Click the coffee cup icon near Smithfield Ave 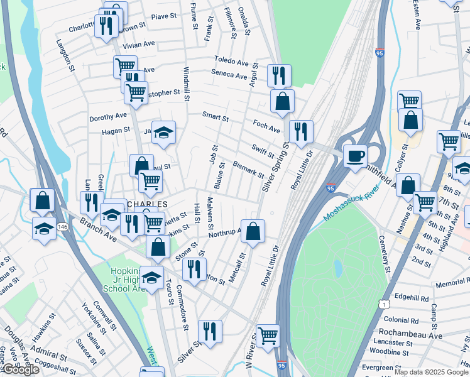356,155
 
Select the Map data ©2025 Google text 432,372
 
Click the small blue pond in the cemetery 339,268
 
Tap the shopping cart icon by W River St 268,336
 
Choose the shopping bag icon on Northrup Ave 253,231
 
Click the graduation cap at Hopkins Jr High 151,277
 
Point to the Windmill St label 186,84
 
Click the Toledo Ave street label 232,62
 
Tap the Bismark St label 248,168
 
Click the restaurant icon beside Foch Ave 301,131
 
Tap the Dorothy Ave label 108,117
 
